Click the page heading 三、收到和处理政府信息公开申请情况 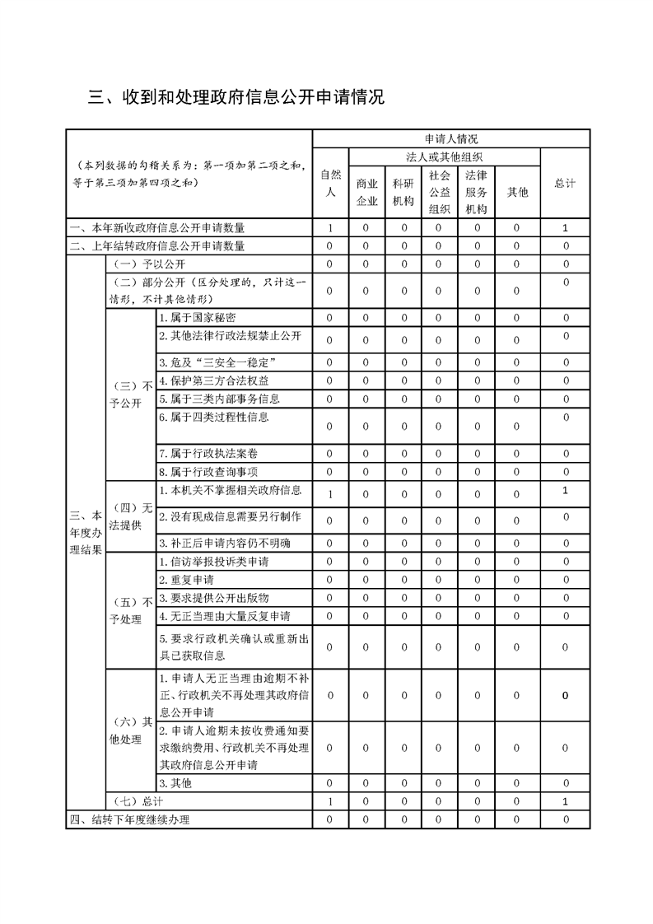[236, 98]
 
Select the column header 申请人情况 [450, 138]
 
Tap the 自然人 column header [330, 183]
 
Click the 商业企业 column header [366, 191]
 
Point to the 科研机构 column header [403, 191]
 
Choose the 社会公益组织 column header [440, 191]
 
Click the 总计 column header [565, 183]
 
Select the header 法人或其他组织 [445, 156]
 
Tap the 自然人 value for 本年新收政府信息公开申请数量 [330, 228]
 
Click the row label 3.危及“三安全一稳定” [216, 362]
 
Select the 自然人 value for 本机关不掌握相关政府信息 [330, 494]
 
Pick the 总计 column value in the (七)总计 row [565, 801]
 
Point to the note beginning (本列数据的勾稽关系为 [189, 174]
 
